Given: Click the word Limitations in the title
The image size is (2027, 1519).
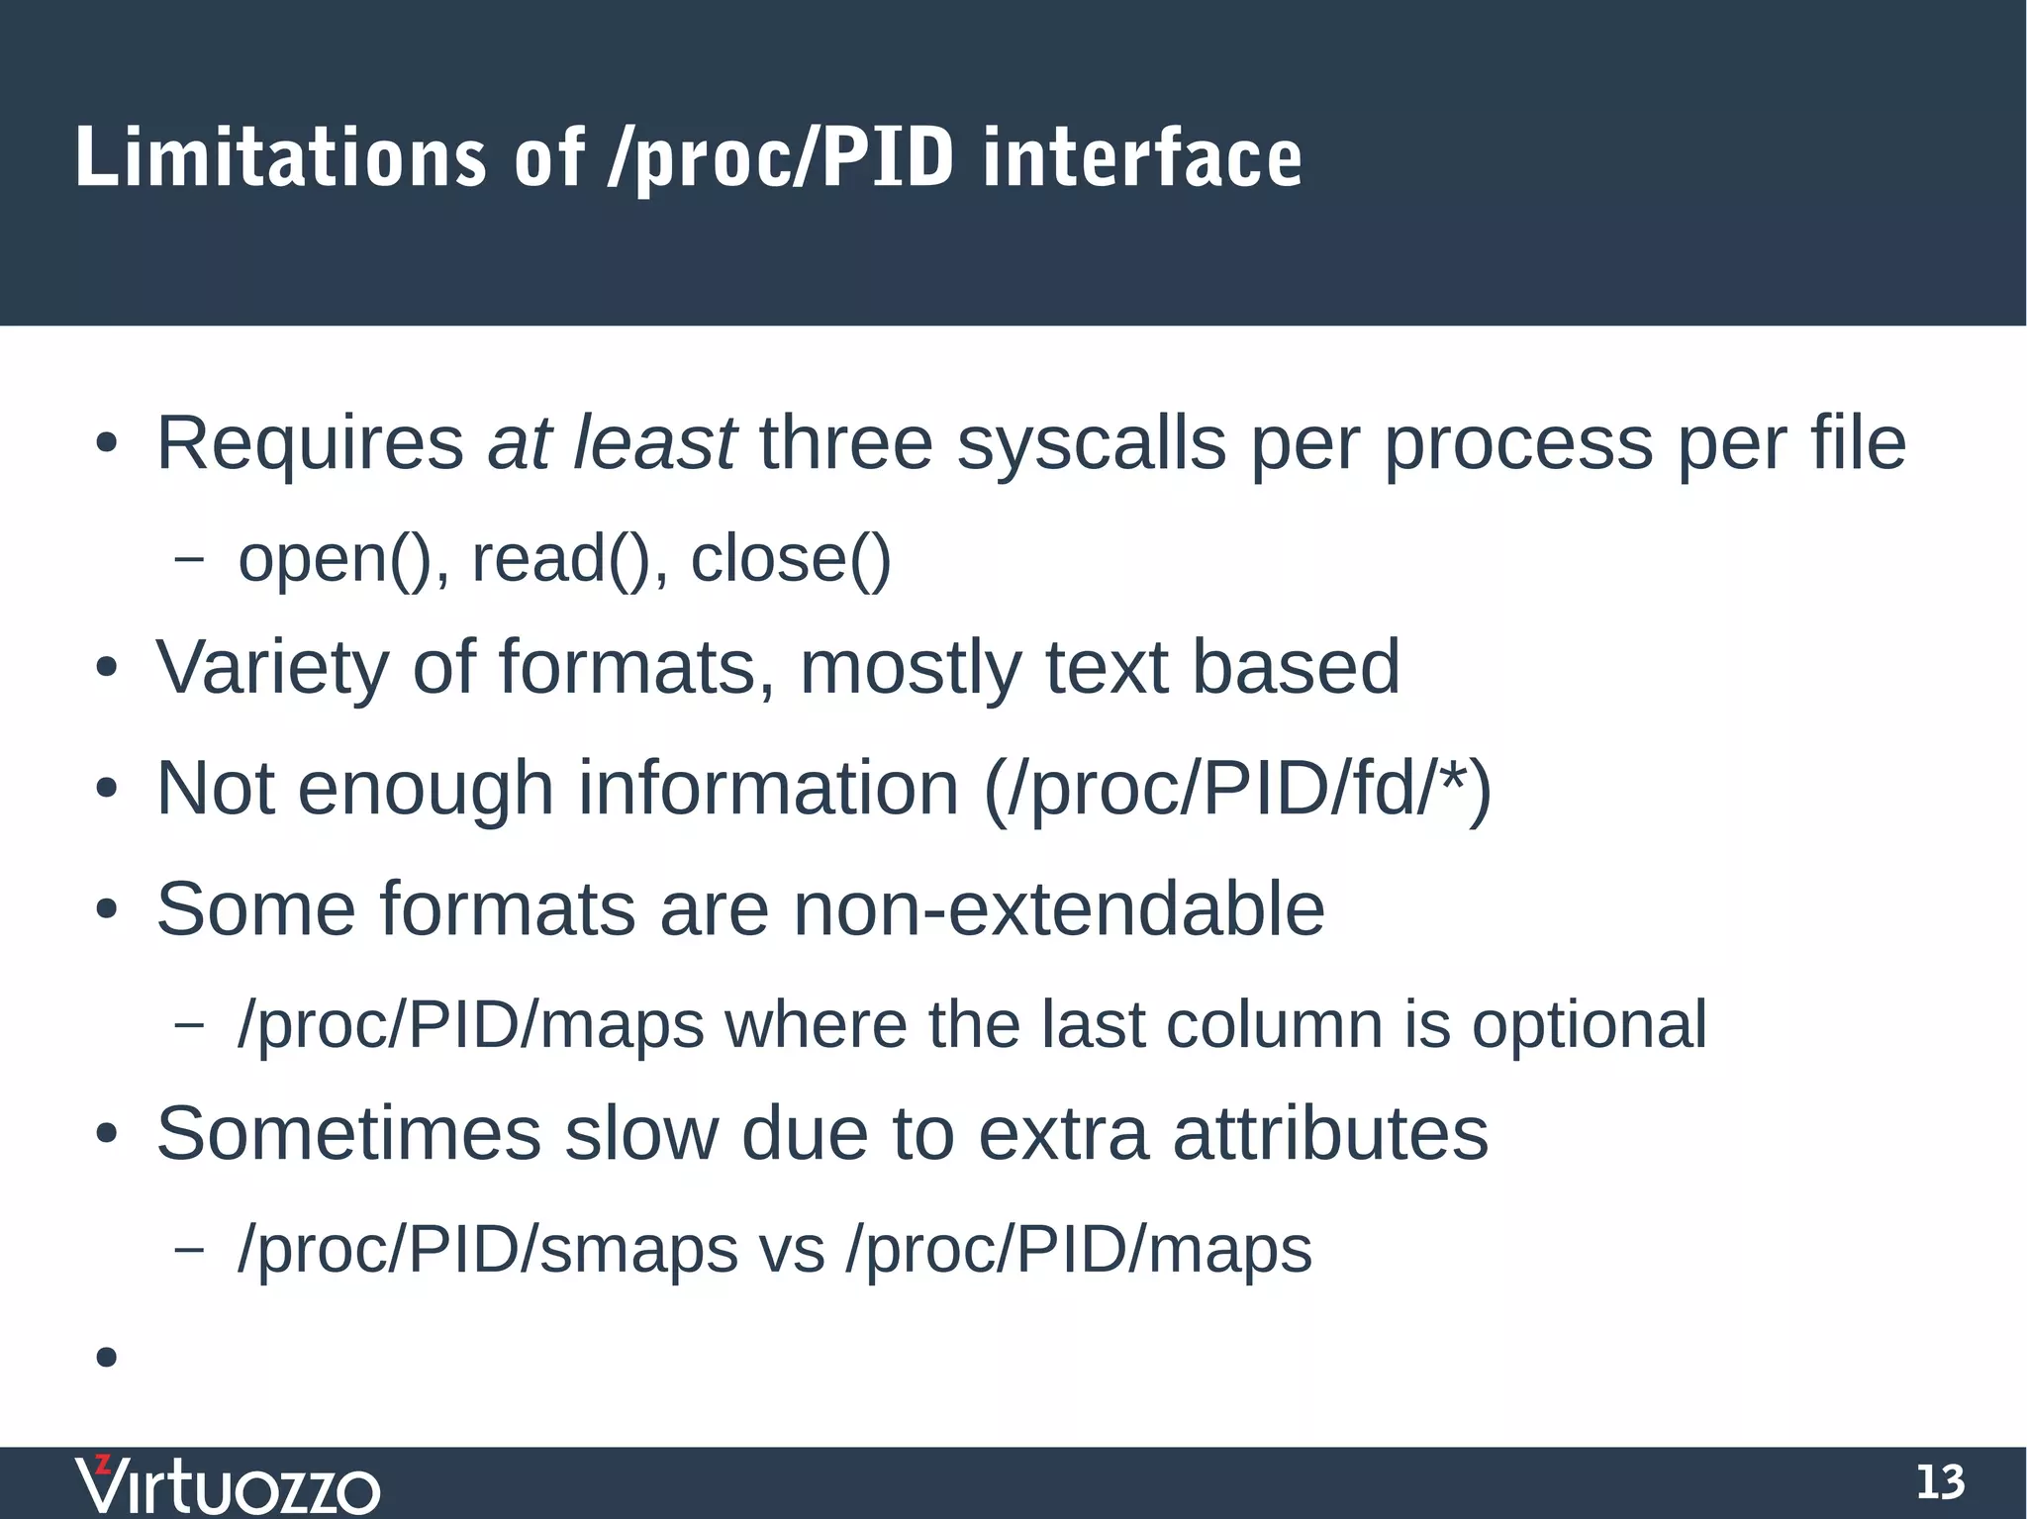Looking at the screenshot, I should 280,158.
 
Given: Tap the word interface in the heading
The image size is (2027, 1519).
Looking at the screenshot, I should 1142,158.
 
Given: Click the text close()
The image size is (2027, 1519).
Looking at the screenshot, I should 791,559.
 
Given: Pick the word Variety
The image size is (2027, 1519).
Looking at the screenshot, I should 272,668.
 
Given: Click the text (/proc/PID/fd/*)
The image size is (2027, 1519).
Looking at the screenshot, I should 1237,789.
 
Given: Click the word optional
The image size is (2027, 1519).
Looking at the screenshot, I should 1590,1025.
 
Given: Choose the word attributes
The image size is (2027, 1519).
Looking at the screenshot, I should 1330,1133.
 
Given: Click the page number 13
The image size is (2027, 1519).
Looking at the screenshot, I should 1940,1482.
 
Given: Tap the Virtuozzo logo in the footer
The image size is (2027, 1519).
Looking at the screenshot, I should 228,1484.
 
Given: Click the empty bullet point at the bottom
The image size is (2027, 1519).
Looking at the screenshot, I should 107,1357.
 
